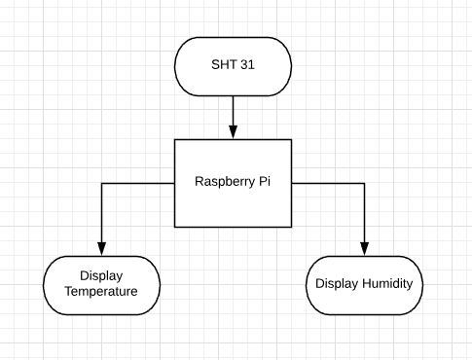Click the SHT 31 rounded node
point(233,66)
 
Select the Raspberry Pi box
point(233,181)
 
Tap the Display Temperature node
point(101,285)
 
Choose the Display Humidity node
point(365,285)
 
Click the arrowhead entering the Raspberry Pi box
point(233,133)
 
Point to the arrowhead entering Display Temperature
point(101,249)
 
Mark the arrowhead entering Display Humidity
point(365,249)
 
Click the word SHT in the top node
point(223,66)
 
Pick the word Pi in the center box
point(264,182)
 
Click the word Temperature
point(101,293)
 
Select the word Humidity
point(389,285)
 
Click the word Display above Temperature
point(101,277)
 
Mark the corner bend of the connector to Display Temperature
point(101,182)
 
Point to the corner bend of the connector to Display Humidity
point(365,182)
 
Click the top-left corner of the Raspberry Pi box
point(175,139)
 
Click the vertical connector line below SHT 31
point(233,112)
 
